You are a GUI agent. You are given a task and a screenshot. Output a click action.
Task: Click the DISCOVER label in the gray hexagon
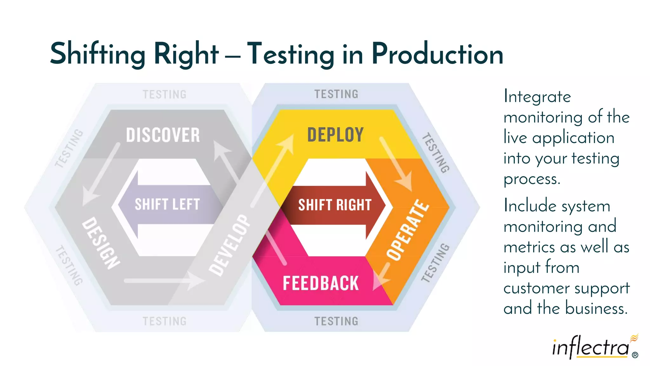163,135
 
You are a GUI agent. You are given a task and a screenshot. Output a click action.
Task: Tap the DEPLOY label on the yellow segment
335,135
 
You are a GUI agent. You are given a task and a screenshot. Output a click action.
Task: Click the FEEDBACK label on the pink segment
321,283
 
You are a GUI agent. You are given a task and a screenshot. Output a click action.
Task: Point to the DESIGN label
101,243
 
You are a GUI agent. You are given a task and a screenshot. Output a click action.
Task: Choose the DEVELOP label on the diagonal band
230,245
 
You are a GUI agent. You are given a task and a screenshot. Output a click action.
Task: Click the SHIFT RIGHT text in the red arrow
335,205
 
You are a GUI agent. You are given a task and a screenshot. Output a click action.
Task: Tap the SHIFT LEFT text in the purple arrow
167,204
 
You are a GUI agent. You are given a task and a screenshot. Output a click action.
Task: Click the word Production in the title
437,54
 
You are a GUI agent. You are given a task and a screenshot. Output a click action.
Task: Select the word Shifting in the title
98,54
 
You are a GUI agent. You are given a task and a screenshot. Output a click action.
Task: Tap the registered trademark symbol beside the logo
635,355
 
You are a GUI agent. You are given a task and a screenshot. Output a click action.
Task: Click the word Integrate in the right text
537,97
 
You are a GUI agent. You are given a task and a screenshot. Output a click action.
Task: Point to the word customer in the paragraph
536,288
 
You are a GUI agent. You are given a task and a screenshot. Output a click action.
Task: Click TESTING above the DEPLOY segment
336,94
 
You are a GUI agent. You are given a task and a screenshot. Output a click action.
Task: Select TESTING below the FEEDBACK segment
336,321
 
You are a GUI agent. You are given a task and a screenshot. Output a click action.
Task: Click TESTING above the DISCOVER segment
164,94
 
